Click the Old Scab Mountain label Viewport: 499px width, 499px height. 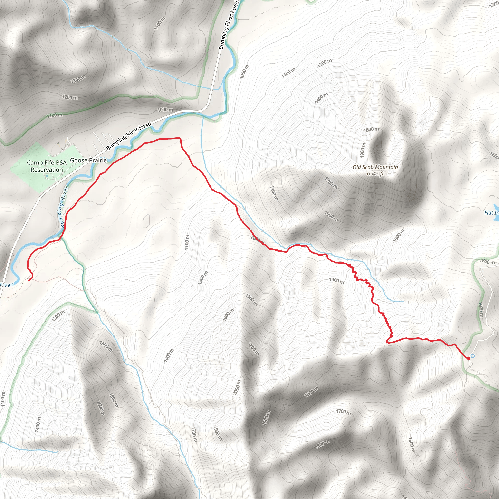375,167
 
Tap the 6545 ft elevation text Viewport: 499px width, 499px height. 375,173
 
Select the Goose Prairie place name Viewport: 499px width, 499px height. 88,160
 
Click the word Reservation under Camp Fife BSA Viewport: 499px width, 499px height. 47,170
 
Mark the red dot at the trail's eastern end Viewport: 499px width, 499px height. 469,358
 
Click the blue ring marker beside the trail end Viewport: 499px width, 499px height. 473,356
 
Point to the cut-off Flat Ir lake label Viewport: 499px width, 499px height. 491,212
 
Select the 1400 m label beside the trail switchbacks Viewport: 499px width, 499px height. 336,280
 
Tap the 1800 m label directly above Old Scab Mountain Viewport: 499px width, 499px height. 371,129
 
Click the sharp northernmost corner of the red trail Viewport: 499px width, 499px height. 180,138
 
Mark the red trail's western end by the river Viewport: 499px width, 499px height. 28,280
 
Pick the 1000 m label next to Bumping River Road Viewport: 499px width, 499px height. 165,110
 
